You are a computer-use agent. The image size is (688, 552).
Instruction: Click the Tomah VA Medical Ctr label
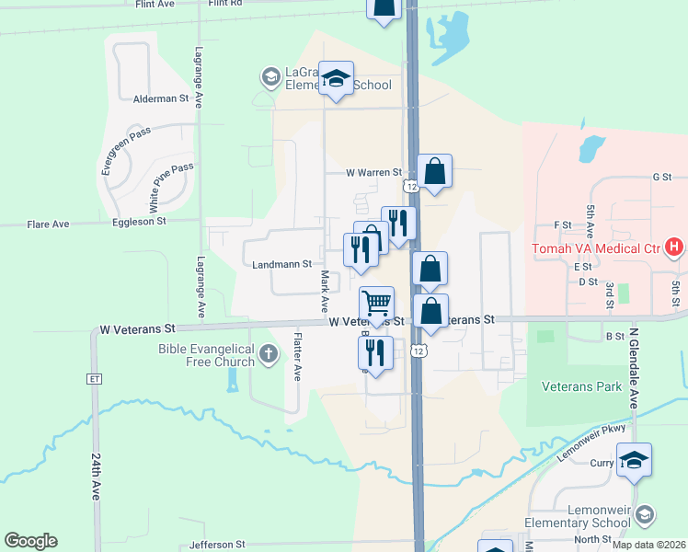click(x=594, y=249)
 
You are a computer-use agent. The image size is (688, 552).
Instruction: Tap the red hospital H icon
click(x=675, y=247)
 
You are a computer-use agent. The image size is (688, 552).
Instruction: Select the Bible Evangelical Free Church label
click(x=206, y=354)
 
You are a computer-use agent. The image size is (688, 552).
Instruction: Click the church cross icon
click(x=268, y=354)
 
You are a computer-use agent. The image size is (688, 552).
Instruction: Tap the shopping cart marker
click(x=376, y=303)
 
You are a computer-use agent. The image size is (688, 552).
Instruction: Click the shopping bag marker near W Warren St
click(x=434, y=171)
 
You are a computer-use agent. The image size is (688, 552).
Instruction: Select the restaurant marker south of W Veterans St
click(x=375, y=351)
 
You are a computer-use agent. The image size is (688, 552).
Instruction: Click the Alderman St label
click(x=160, y=98)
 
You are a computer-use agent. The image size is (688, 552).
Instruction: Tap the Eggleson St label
click(x=139, y=222)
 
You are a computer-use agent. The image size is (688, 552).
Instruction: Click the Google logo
click(x=30, y=541)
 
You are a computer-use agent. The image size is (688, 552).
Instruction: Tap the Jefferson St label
click(x=218, y=545)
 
